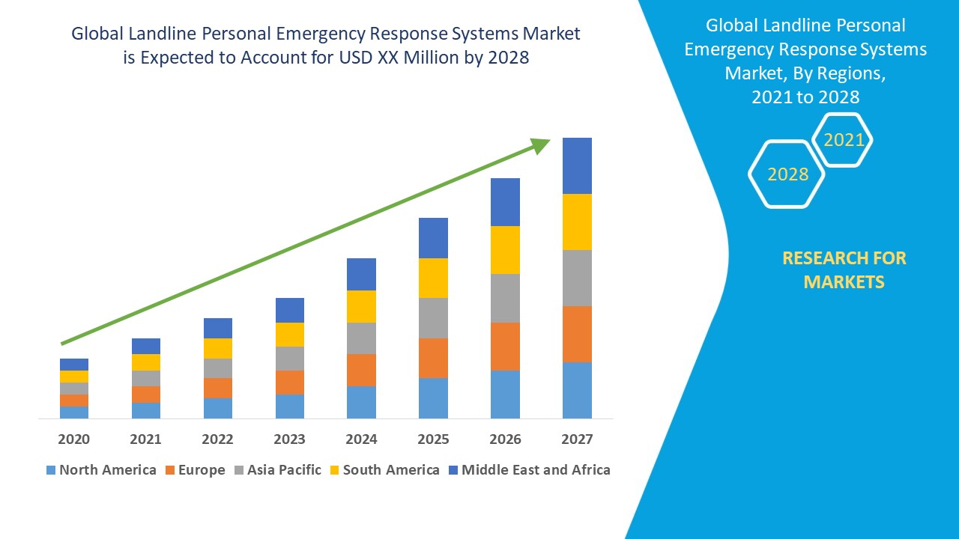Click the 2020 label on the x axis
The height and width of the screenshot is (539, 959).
(73, 439)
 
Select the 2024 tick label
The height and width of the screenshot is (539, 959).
(361, 439)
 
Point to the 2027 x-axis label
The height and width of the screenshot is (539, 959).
(577, 439)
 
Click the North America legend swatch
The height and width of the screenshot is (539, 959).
(51, 470)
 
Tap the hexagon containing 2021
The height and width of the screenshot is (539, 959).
(843, 140)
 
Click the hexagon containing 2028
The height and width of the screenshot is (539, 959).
(787, 174)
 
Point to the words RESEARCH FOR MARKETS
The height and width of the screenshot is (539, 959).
(844, 269)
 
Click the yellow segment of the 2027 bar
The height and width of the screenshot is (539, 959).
(577, 222)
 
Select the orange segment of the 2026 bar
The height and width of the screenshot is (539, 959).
(505, 346)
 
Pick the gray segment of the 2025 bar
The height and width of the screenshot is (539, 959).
(433, 318)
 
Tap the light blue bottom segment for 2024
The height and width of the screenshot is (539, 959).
(361, 402)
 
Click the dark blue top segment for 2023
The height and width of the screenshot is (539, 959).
(289, 310)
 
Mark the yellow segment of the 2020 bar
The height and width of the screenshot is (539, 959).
(73, 377)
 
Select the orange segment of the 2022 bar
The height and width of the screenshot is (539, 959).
(217, 388)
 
